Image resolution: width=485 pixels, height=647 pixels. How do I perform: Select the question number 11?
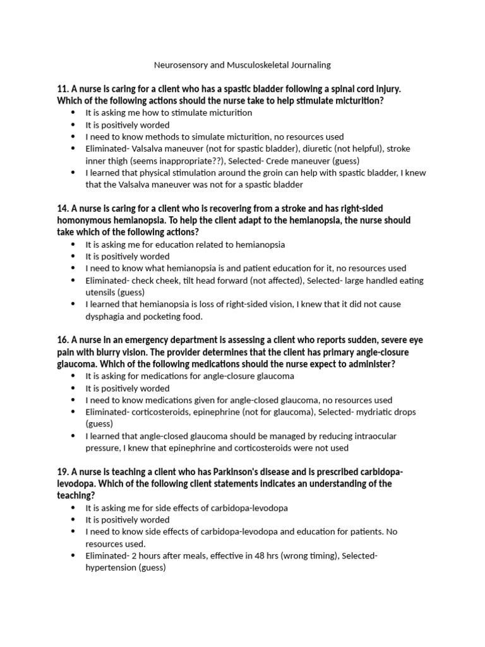(x=63, y=89)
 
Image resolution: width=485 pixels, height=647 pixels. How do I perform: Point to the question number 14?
(x=63, y=209)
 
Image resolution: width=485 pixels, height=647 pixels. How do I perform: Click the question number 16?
(x=63, y=341)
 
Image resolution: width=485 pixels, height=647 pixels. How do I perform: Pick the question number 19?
(x=63, y=472)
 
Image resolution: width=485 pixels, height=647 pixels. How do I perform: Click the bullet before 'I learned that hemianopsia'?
(x=73, y=305)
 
